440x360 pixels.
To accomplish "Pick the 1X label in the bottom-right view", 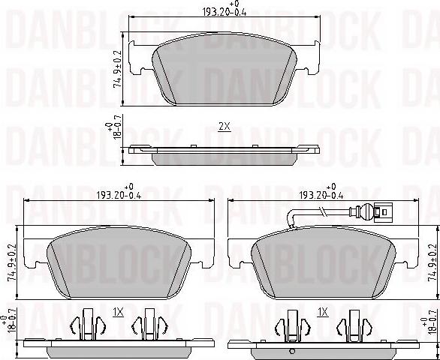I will (322, 312).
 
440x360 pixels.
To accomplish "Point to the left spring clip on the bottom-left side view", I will (86, 328).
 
